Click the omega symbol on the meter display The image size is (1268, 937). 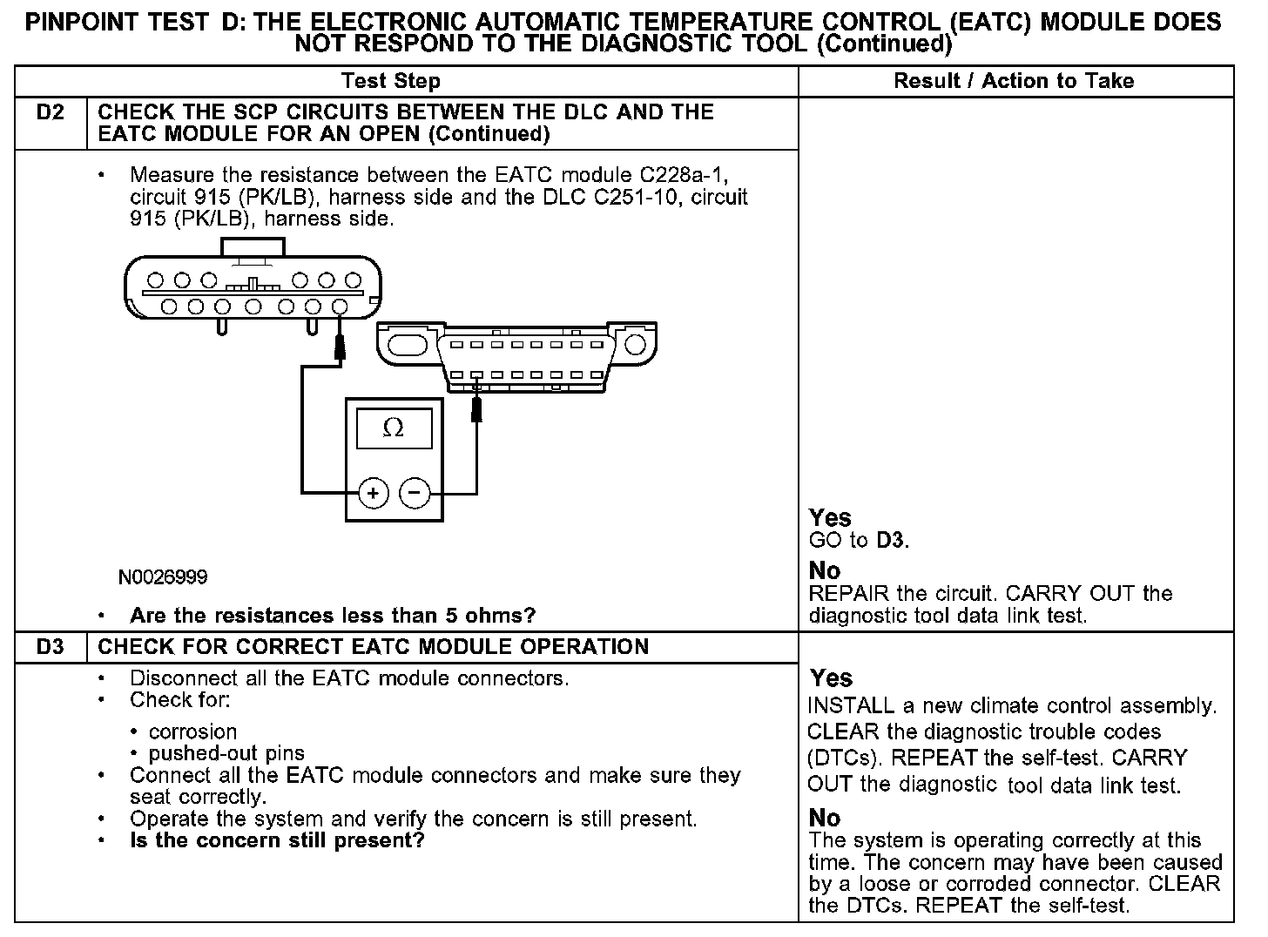click(x=394, y=428)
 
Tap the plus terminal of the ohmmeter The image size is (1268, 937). click(x=374, y=494)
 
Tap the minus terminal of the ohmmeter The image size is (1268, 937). click(x=415, y=494)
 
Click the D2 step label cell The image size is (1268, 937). click(x=51, y=112)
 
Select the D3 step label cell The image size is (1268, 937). click(x=51, y=647)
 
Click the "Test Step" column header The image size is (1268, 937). click(x=391, y=81)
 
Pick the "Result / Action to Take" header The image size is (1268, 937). click(x=1014, y=81)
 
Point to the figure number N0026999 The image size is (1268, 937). click(x=164, y=577)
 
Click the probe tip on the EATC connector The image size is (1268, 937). click(x=341, y=348)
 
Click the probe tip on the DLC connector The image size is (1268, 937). click(x=476, y=408)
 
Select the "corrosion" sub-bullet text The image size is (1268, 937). click(x=192, y=731)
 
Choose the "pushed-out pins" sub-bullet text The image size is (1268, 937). click(x=226, y=753)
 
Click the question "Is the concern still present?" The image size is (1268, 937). click(x=277, y=841)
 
